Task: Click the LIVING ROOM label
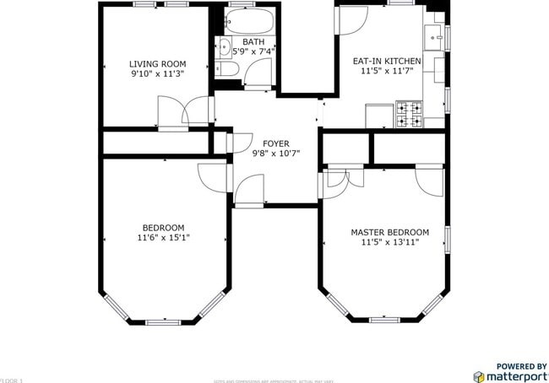click(157, 64)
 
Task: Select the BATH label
click(253, 41)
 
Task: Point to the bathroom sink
click(225, 46)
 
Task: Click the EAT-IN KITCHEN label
click(386, 62)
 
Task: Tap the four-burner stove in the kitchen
click(410, 115)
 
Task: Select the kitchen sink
click(435, 38)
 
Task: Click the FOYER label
click(276, 143)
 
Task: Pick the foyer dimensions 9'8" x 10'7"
click(276, 154)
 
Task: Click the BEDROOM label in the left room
click(163, 228)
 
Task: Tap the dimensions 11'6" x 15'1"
click(163, 239)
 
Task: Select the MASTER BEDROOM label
click(389, 232)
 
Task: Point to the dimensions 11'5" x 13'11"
click(389, 243)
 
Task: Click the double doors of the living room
click(185, 112)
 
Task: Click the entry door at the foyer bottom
click(248, 191)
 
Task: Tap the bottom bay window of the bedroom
click(163, 322)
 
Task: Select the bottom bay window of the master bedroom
click(384, 320)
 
